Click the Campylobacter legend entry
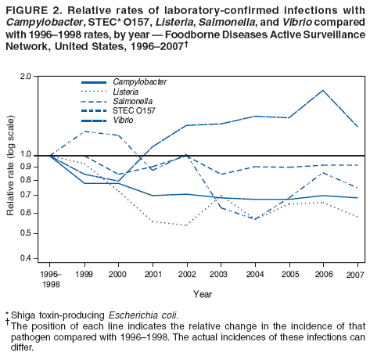(x=139, y=82)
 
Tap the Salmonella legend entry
(x=131, y=102)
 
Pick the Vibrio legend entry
(x=124, y=121)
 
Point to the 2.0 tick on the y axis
(x=25, y=77)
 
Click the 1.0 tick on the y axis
(x=25, y=155)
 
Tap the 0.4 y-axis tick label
(x=25, y=258)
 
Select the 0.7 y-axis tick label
(x=25, y=195)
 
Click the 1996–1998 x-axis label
(x=51, y=279)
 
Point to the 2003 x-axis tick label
(x=220, y=275)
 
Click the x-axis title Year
(x=203, y=294)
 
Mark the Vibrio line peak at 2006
(x=322, y=91)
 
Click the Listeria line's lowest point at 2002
(x=186, y=225)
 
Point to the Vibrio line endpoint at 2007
(x=357, y=126)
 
